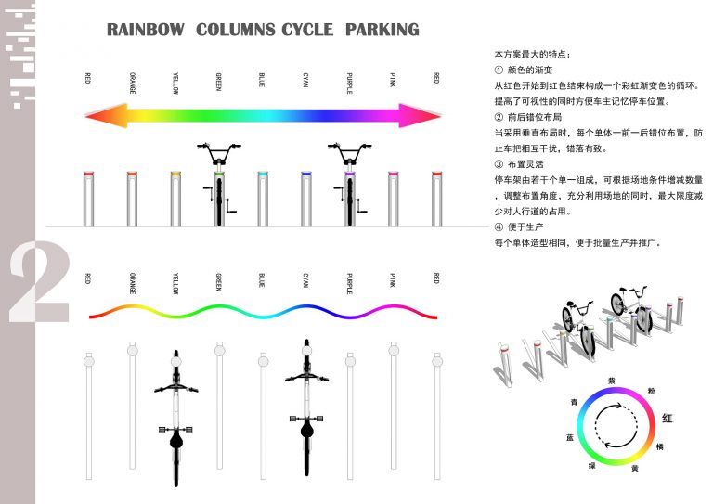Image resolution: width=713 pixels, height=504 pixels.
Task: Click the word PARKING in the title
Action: (x=382, y=30)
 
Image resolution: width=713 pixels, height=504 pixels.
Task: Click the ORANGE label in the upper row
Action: (x=132, y=82)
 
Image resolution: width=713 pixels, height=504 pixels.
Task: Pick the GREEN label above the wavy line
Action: (x=219, y=280)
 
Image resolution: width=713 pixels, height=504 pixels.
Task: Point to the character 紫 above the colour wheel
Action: (x=611, y=381)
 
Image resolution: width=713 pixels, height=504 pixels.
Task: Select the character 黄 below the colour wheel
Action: (x=635, y=469)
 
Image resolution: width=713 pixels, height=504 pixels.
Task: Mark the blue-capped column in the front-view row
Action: (x=262, y=198)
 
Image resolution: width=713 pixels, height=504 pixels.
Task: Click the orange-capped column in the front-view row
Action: (x=132, y=198)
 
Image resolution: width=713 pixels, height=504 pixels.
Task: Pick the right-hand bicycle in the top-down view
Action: (x=306, y=408)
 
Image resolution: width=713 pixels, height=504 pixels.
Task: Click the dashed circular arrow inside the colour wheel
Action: (x=611, y=426)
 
